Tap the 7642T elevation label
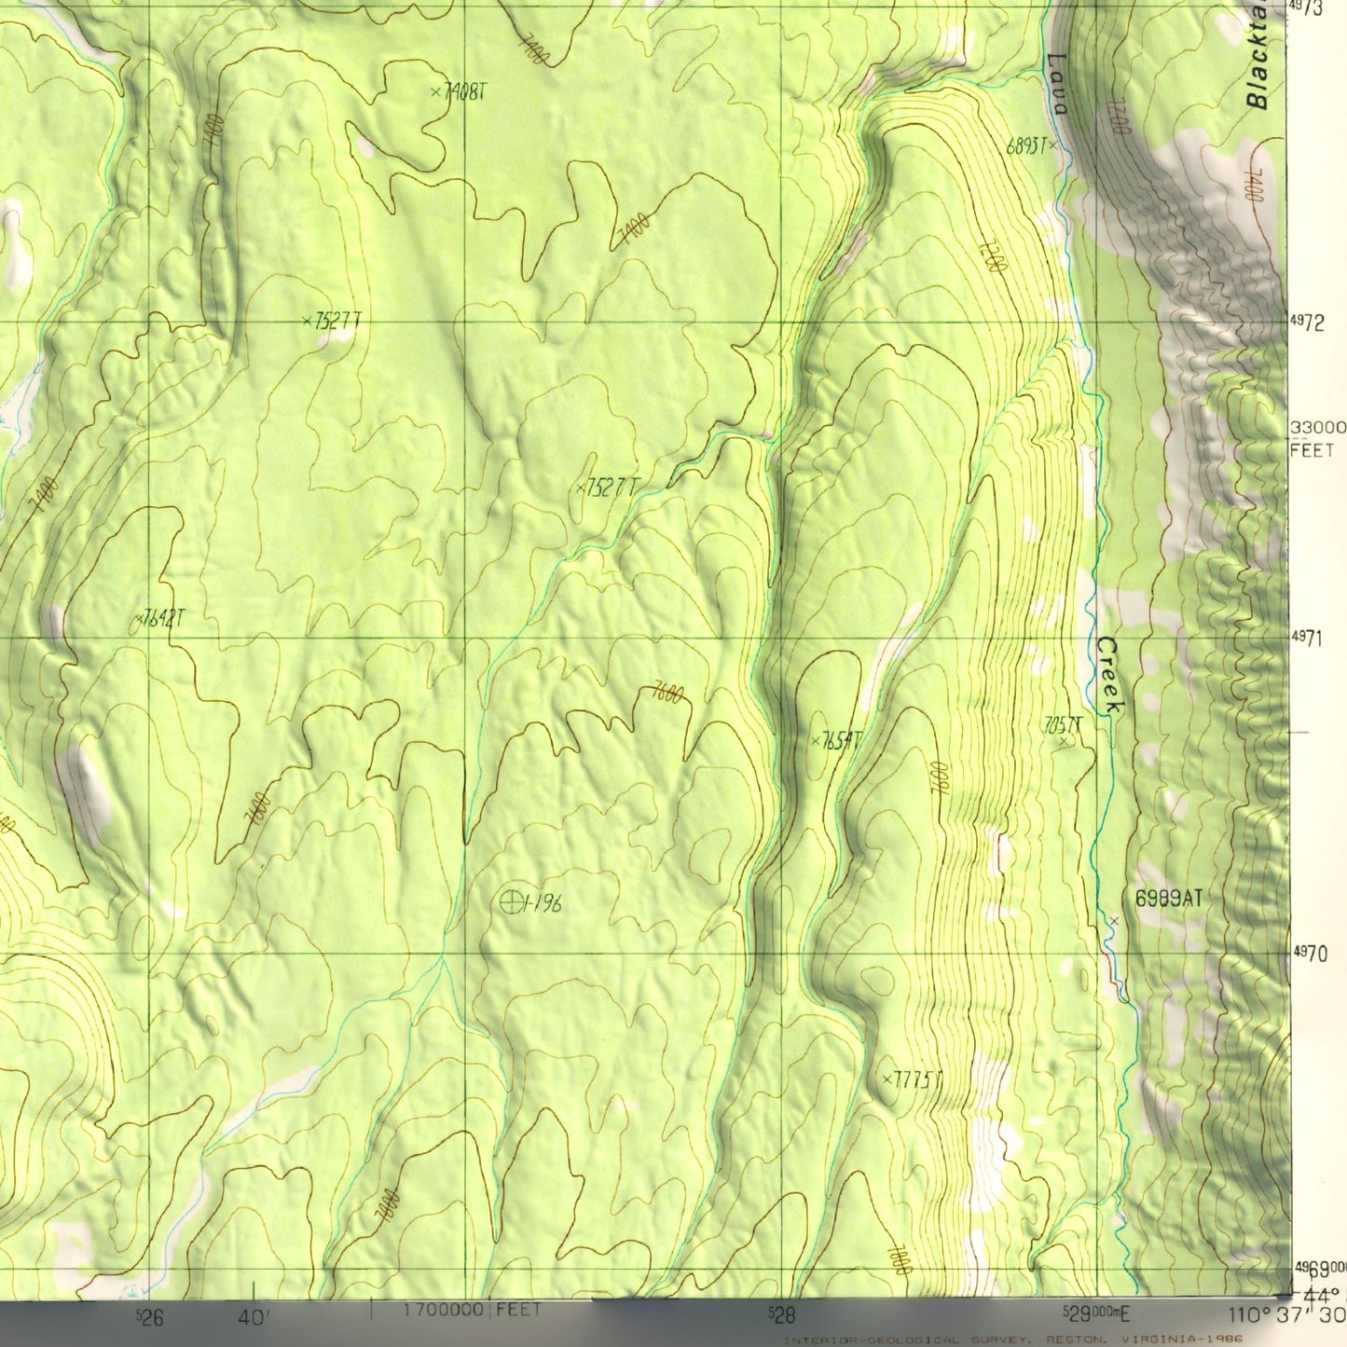pos(164,617)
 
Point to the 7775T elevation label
pos(917,1079)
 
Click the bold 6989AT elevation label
pos(1168,899)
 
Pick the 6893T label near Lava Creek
pos(1029,145)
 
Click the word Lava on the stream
pos(1056,84)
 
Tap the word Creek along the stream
pos(1109,676)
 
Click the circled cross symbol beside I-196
pos(510,900)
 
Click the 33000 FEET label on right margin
pos(1314,438)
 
